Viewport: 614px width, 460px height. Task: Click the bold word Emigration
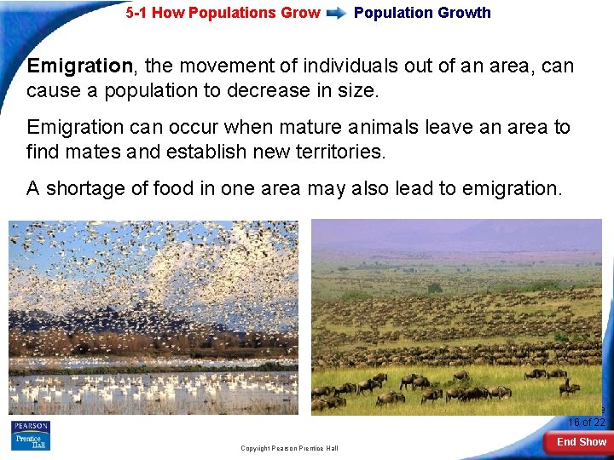(78, 66)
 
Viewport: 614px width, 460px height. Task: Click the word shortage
(88, 188)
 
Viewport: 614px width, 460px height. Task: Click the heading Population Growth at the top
(422, 13)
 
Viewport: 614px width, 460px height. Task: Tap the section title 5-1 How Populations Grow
(223, 13)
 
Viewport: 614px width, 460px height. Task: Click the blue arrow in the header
(337, 13)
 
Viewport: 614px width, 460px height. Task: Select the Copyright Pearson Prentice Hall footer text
(289, 448)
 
